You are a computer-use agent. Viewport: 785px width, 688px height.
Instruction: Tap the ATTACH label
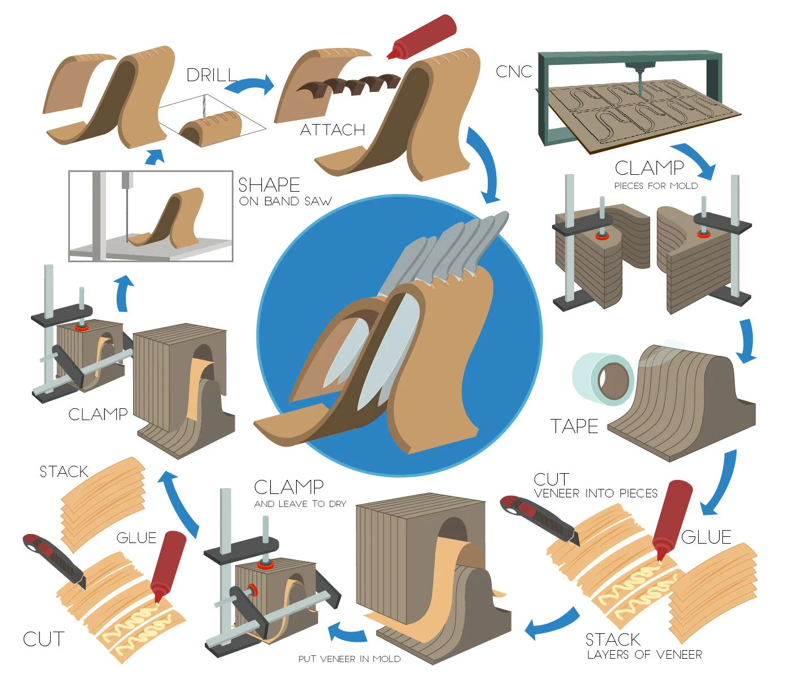(x=332, y=130)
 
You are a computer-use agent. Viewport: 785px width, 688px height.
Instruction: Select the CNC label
(x=513, y=72)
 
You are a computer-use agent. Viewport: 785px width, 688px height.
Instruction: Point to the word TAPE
(x=574, y=426)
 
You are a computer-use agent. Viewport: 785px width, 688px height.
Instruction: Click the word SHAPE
(x=269, y=185)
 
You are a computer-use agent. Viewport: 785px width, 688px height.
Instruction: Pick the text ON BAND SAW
(x=285, y=202)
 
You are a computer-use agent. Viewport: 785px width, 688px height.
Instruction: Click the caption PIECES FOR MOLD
(x=656, y=186)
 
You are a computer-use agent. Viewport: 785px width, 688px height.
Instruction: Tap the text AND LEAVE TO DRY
(x=300, y=504)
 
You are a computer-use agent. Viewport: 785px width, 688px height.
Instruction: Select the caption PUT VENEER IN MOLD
(x=350, y=659)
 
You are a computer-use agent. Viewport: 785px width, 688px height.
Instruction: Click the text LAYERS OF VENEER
(x=645, y=655)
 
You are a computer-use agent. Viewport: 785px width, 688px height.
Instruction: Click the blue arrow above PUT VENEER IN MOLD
(x=347, y=632)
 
